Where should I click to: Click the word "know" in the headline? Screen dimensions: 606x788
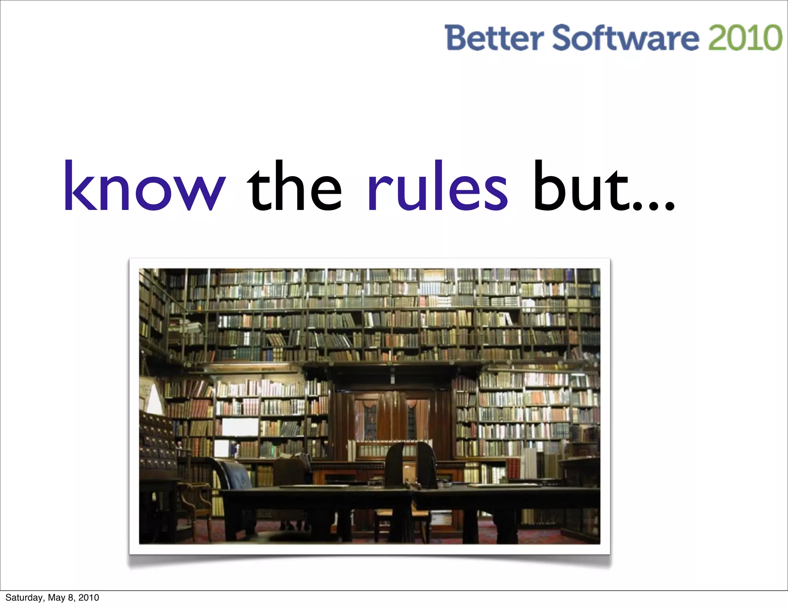click(x=144, y=186)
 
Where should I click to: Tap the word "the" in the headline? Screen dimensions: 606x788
click(x=294, y=186)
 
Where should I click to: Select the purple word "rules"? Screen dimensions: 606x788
click(x=437, y=186)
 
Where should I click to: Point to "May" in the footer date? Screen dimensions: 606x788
click(x=56, y=598)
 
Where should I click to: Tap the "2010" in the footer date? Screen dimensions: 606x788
click(x=88, y=598)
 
